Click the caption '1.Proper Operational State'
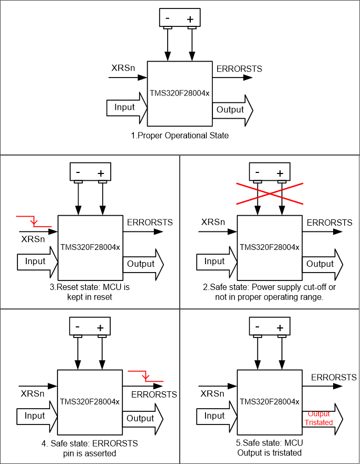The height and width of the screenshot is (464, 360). [180, 136]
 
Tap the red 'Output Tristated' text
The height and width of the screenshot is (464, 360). [319, 419]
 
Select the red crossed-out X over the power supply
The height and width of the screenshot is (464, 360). [269, 192]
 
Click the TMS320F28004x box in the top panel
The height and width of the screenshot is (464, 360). [179, 93]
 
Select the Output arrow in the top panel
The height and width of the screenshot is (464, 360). [232, 110]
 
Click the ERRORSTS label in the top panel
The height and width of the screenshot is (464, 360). [239, 69]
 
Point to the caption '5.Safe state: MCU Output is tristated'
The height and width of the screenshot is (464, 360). [269, 448]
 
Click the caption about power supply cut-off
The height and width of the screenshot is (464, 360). [269, 293]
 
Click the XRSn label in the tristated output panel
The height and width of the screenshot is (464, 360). [213, 393]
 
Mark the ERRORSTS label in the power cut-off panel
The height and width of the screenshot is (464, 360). [329, 223]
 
